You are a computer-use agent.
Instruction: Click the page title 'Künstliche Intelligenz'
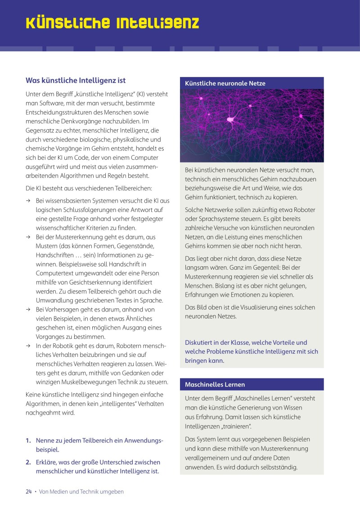[112, 23]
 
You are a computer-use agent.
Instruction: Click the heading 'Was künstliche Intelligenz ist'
[75, 81]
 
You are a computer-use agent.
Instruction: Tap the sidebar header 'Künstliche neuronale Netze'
[225, 83]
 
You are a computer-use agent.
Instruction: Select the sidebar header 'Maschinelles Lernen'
[215, 384]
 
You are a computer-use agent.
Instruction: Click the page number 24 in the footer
[28, 491]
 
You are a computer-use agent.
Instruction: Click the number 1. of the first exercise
[28, 440]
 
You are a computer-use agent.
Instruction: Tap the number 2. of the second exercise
[28, 462]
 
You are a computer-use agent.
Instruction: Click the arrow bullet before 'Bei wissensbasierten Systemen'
[28, 200]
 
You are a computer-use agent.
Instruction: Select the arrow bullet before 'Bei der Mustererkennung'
[28, 237]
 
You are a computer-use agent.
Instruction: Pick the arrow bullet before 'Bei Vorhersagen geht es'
[28, 310]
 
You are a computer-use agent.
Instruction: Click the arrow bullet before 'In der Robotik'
[28, 346]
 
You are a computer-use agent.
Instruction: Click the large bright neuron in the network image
[231, 120]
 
